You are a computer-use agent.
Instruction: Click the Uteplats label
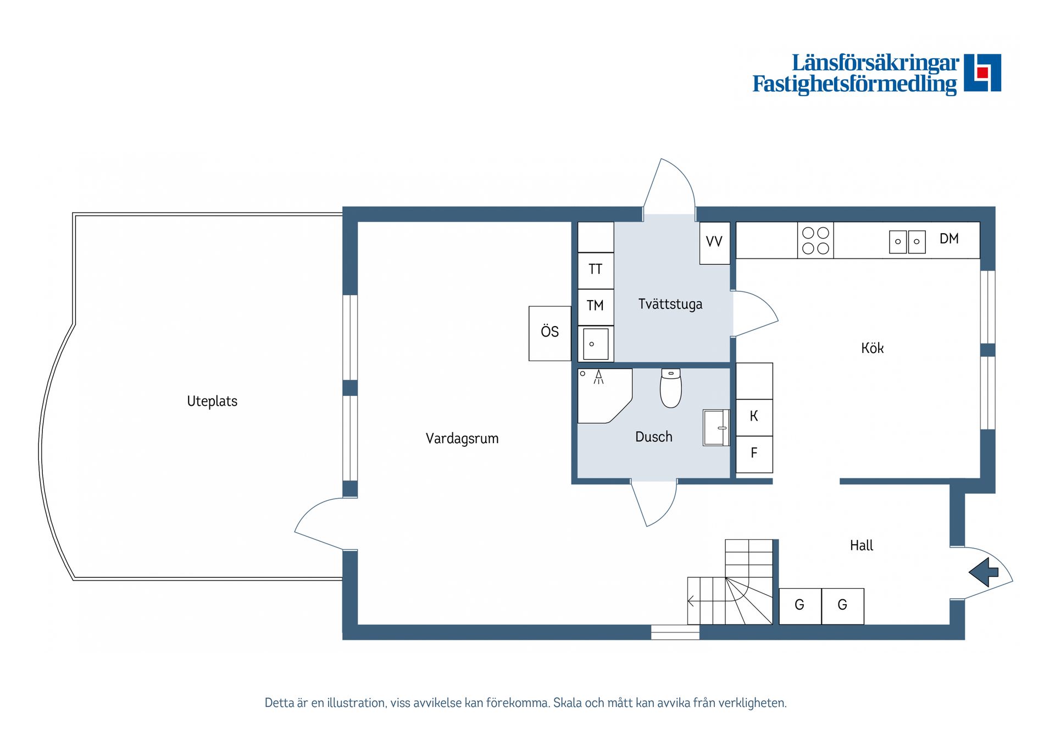(212, 401)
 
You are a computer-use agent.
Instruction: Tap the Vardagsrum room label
(462, 439)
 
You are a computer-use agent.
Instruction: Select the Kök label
(872, 348)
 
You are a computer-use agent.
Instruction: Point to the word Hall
(862, 545)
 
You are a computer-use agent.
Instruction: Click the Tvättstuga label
(670, 304)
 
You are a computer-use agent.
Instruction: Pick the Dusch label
(654, 437)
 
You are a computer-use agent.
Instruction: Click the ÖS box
(549, 334)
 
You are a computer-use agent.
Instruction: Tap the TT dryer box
(596, 270)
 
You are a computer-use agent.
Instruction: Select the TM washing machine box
(596, 307)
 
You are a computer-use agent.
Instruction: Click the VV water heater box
(714, 243)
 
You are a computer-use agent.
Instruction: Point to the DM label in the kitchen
(949, 239)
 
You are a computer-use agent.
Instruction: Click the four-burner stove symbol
(815, 240)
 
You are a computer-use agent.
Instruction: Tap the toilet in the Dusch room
(671, 388)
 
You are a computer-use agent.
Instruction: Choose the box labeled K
(754, 418)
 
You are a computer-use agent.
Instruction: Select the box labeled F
(754, 455)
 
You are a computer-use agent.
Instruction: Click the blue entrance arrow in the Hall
(984, 572)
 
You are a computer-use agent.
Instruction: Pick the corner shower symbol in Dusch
(604, 395)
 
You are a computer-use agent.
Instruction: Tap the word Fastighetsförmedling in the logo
(854, 85)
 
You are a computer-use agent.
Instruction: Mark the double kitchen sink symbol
(907, 241)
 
